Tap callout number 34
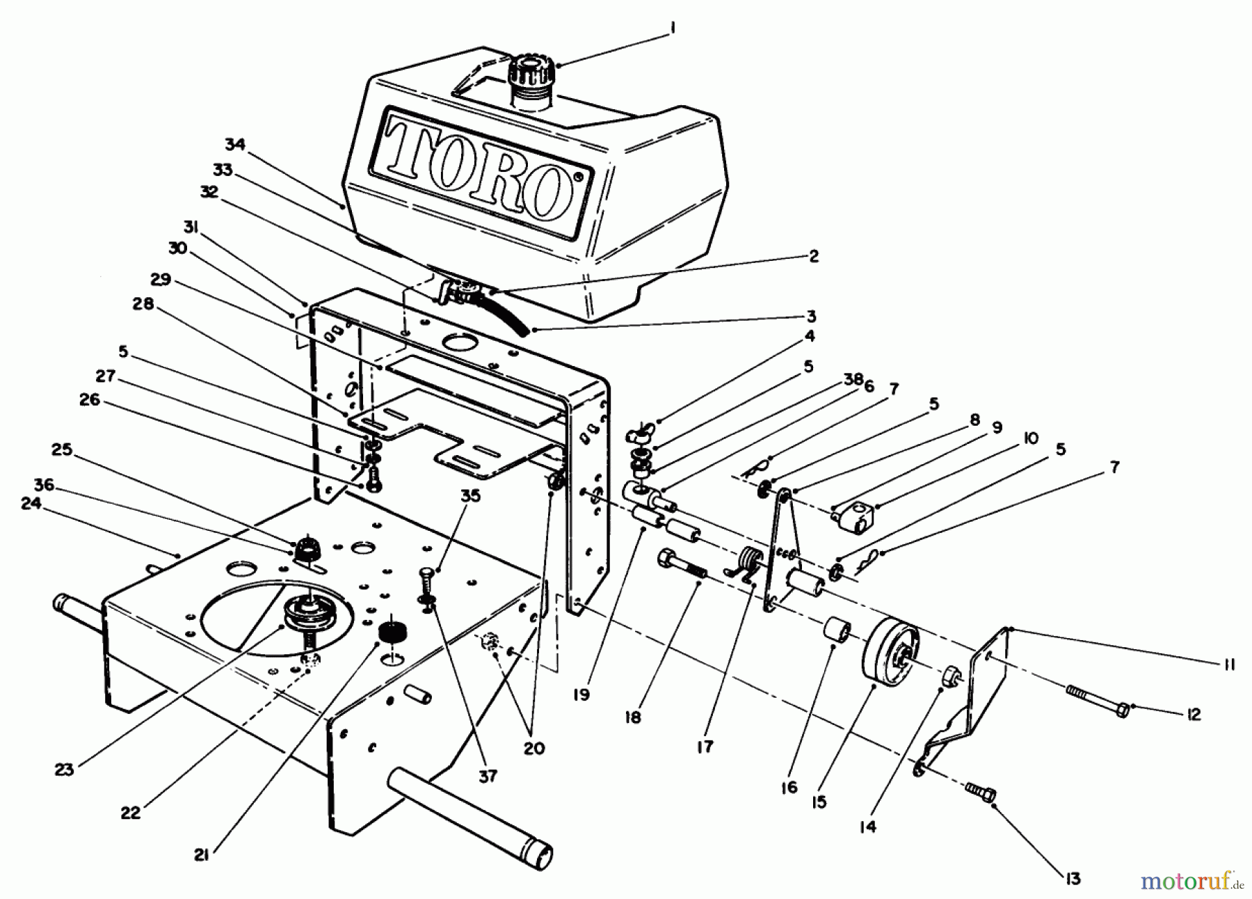235,145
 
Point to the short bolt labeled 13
980,791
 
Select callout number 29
161,279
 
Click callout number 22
131,812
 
